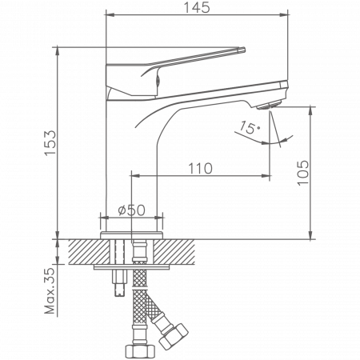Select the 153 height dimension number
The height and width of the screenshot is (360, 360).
[49, 143]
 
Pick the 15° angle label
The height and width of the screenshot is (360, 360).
[250, 128]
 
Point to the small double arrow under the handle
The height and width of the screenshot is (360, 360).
[160, 78]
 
